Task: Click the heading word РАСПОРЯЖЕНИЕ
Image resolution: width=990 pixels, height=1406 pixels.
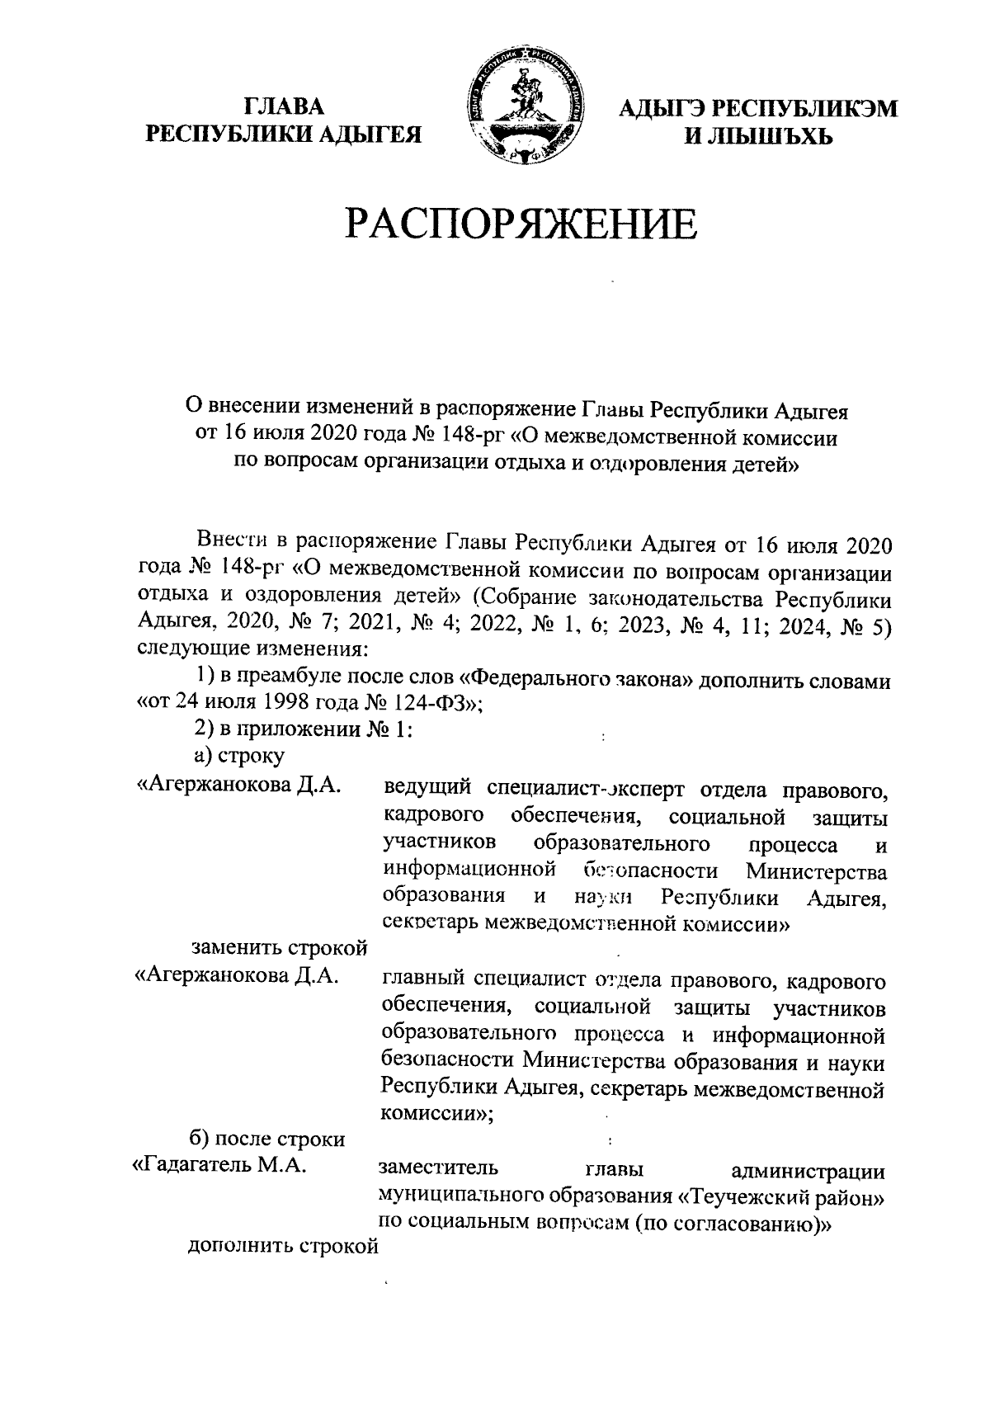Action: click(521, 224)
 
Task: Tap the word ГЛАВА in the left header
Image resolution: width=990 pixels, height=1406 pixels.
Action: click(283, 107)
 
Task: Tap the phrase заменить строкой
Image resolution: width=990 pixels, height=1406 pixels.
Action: click(279, 948)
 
